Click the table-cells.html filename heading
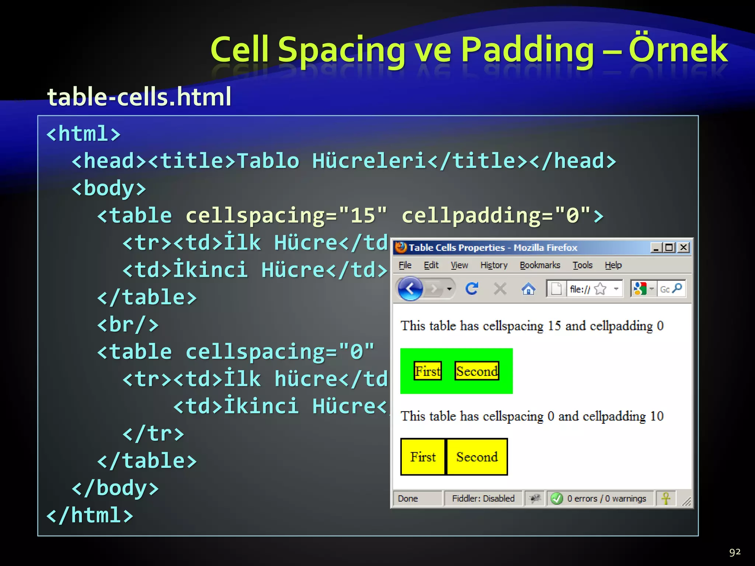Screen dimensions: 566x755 tap(139, 97)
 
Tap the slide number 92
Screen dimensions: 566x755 tap(734, 552)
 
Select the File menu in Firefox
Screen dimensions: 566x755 tap(405, 265)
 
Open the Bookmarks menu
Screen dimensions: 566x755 tap(540, 265)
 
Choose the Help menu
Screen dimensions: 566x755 tap(613, 265)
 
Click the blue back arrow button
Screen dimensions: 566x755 tap(410, 289)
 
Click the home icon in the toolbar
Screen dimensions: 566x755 tap(528, 289)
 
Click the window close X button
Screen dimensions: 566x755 tap(683, 247)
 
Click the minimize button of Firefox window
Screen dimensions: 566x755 tap(655, 248)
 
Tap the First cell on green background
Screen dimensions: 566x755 tap(428, 371)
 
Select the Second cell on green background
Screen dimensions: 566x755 tap(477, 371)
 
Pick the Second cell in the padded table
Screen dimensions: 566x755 tap(477, 457)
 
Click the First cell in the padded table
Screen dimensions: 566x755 tap(423, 457)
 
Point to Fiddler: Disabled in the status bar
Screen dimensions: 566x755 tap(483, 499)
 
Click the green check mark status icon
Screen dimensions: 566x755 tap(556, 499)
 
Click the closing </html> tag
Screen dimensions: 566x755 tap(90, 515)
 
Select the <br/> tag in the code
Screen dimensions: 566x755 tap(128, 325)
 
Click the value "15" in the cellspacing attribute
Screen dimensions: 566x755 tap(363, 215)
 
